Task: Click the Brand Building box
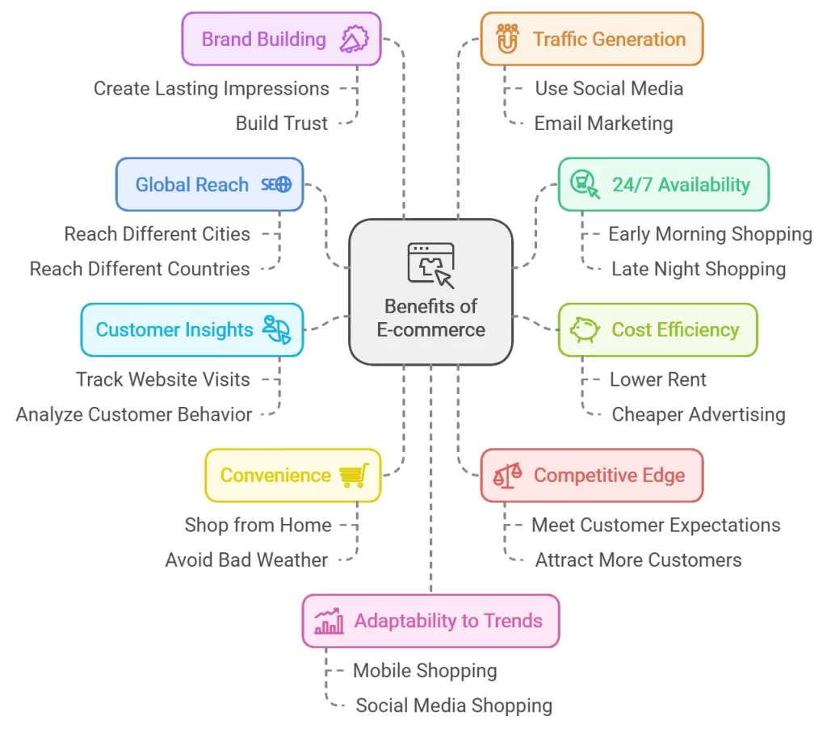pos(281,39)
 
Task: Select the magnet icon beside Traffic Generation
pos(506,39)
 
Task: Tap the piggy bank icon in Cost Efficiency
pos(585,329)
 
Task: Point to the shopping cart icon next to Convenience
pos(354,476)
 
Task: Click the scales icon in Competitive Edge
pos(507,476)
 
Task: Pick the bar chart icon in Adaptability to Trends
pos(330,622)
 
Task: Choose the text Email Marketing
pos(603,124)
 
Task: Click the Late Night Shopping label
pos(698,269)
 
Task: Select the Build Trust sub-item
pos(282,124)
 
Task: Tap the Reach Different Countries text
pos(140,269)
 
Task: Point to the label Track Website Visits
pos(163,379)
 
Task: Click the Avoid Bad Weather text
pos(246,559)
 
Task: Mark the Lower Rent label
pos(657,379)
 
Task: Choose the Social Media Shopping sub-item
pos(454,705)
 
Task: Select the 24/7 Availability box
pos(663,184)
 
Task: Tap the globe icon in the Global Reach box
pos(283,184)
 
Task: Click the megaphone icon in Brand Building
pos(354,39)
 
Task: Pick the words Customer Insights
pos(174,329)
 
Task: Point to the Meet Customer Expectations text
pos(656,525)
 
